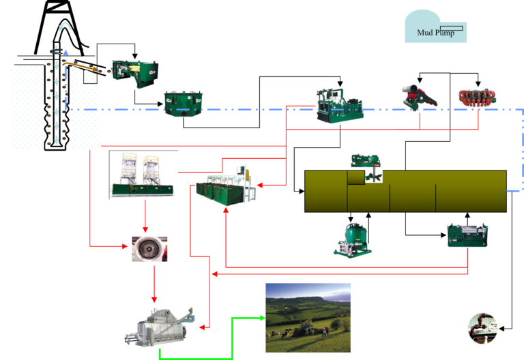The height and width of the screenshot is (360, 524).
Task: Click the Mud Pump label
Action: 435,33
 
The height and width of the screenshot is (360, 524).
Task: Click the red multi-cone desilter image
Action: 478,98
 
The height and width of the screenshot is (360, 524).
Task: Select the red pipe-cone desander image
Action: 419,97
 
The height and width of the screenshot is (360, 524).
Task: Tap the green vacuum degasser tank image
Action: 353,240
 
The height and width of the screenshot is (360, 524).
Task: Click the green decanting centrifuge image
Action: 467,235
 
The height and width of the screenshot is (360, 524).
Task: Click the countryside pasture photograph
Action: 308,318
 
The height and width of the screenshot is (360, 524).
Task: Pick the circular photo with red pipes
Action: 482,328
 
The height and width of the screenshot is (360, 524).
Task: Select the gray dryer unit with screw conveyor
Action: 160,327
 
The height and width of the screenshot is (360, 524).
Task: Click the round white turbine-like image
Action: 149,249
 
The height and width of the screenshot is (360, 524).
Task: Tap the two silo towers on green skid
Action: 143,175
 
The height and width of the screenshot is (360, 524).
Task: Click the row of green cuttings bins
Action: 225,185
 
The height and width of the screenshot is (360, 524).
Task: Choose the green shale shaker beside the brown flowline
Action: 135,74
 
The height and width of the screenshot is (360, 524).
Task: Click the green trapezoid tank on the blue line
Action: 183,104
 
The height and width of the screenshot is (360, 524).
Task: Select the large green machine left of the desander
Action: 340,106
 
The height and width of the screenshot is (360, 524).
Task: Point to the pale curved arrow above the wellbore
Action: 65,27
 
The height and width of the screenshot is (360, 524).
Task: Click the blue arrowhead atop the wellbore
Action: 65,52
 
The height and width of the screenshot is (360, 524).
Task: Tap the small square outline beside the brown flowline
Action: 90,76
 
